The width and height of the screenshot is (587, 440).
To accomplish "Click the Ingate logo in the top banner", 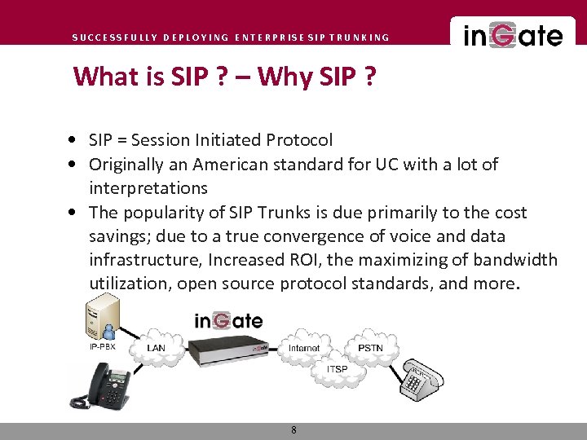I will tap(513, 36).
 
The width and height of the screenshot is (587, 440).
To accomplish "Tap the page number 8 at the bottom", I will tap(293, 429).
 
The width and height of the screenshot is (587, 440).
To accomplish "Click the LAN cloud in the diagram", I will tap(156, 348).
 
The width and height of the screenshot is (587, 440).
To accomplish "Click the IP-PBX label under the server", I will tap(103, 346).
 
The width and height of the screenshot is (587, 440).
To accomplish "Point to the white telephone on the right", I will tap(420, 376).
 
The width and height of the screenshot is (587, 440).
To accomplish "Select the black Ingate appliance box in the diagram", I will tap(229, 351).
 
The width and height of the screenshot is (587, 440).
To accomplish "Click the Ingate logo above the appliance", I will tap(228, 320).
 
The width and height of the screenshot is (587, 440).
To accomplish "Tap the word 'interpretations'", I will tap(148, 188).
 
